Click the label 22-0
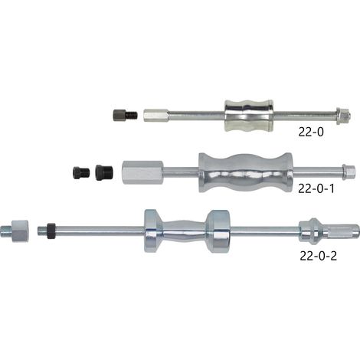(311, 132)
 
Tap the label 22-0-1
(316, 188)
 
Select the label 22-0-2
(318, 256)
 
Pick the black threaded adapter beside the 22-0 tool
(125, 115)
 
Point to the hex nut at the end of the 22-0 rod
(343, 116)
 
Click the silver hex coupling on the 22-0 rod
(156, 116)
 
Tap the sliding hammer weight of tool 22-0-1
(246, 172)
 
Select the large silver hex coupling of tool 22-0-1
(142, 172)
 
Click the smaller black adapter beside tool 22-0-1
(81, 172)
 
